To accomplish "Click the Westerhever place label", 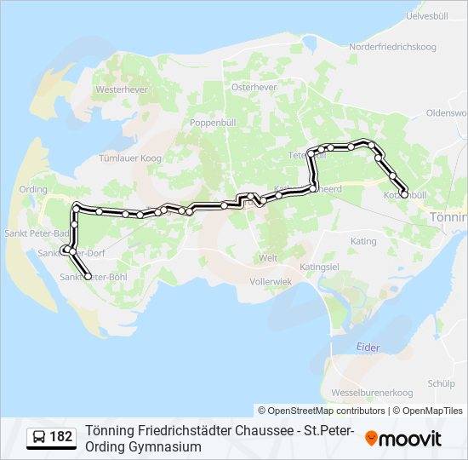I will click(117, 89).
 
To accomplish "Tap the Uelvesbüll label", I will click(427, 16).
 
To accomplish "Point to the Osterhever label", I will click(252, 86).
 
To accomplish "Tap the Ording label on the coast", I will click(33, 189).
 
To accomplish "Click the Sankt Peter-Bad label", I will click(26, 232).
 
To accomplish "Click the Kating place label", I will click(363, 241).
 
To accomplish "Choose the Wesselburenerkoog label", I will click(371, 392).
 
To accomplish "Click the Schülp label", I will click(441, 383).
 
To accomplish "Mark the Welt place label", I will click(268, 257).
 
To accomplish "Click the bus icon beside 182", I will click(39, 438).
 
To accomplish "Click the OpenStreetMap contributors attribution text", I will click(322, 411).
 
